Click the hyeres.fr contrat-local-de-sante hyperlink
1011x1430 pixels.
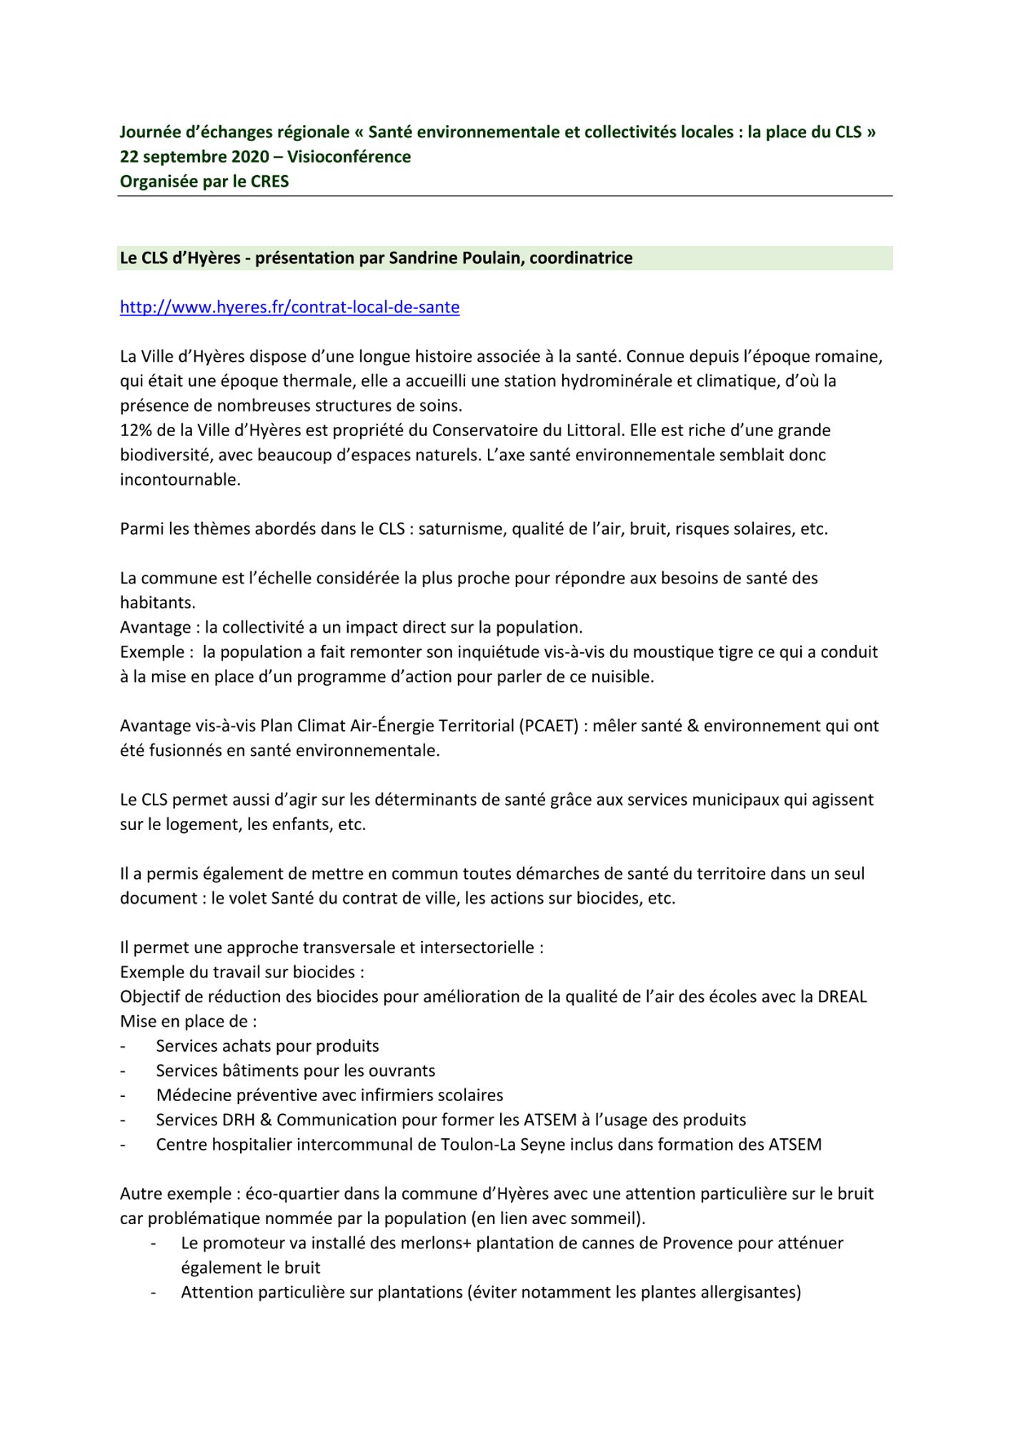(x=289, y=307)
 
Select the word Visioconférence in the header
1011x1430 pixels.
(x=349, y=157)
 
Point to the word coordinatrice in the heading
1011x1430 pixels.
(x=580, y=258)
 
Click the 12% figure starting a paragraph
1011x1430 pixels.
(x=134, y=430)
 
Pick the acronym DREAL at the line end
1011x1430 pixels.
(x=843, y=997)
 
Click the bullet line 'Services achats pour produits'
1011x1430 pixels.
(x=267, y=1046)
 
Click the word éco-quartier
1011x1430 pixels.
(x=292, y=1194)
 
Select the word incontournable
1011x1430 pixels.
(x=179, y=480)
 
